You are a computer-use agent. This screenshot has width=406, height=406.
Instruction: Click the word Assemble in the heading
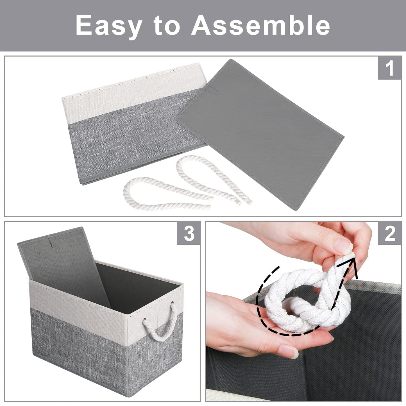click(x=261, y=25)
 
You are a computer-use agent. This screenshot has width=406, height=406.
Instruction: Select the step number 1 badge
click(x=389, y=68)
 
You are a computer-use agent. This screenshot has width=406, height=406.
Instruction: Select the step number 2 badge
click(x=389, y=233)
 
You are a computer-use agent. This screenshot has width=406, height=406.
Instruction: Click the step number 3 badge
click(x=189, y=233)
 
